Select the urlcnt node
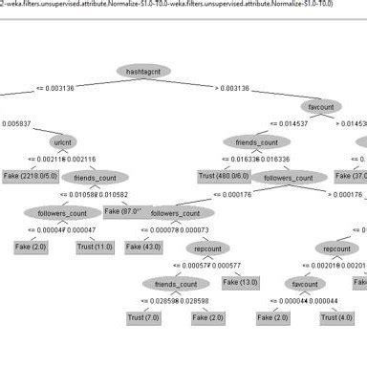click(x=65, y=141)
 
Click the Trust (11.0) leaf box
click(x=95, y=247)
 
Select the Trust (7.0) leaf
click(x=143, y=316)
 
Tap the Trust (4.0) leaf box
click(x=341, y=316)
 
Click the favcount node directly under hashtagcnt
click(x=320, y=106)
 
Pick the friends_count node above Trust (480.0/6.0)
click(x=257, y=141)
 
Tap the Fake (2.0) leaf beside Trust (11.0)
click(x=30, y=247)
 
